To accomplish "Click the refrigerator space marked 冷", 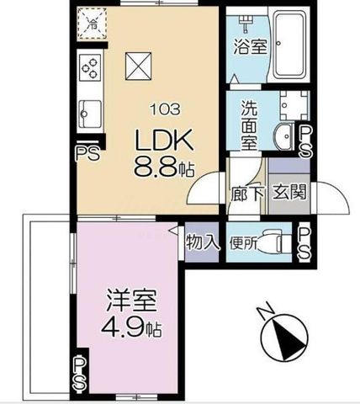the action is (93, 24).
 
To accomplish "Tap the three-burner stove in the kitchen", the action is (90, 67).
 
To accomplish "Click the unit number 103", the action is (166, 109).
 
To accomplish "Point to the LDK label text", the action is (165, 140).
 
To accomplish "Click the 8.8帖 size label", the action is (164, 167).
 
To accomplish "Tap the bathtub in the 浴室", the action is (290, 45).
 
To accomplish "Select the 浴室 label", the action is (251, 46).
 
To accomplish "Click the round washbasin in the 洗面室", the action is (283, 136).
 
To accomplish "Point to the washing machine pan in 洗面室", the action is (294, 105).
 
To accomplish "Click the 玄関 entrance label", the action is (289, 193).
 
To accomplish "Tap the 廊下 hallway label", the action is (247, 194).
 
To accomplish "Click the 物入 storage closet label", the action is (203, 242).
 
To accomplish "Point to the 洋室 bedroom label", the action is (131, 300).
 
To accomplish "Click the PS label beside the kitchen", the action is (87, 153).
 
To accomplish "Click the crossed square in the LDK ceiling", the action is (139, 66).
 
